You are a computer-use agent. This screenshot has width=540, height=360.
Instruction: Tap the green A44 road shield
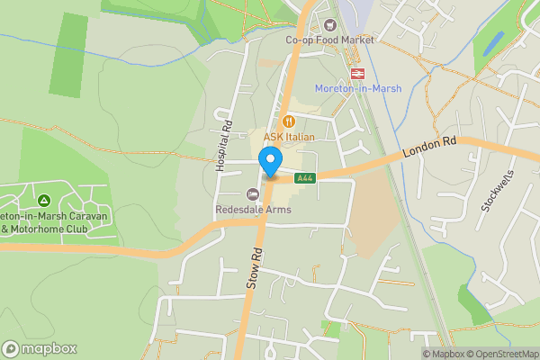pos(304,177)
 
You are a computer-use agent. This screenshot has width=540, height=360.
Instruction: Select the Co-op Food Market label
pos(329,40)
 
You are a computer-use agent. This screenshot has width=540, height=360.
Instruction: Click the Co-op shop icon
pos(329,25)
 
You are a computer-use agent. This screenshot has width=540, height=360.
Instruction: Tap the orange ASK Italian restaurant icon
pos(289,121)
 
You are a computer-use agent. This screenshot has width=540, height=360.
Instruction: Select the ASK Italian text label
pos(289,136)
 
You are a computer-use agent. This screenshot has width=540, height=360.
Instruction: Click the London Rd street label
pos(430,145)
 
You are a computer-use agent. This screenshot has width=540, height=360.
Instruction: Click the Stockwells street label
pos(496,190)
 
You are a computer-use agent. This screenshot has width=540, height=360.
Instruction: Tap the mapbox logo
pos(40,348)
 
